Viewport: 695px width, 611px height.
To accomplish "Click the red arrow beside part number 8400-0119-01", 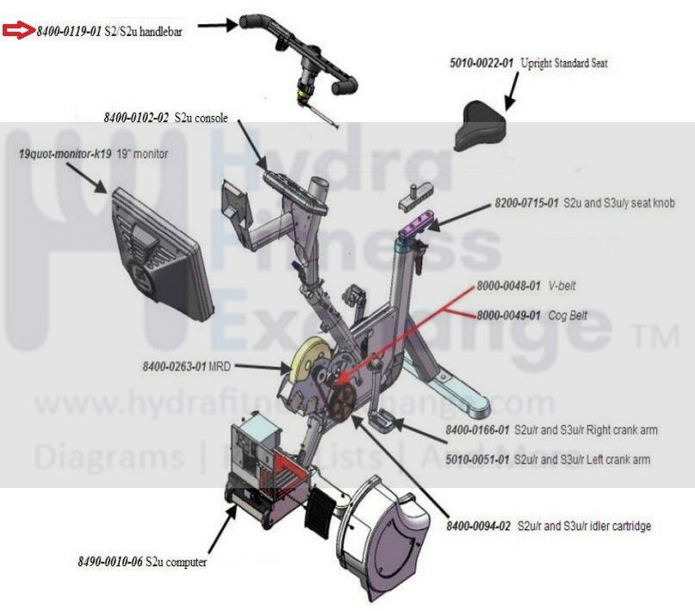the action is (17, 31).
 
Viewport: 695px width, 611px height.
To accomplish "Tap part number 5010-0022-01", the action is (481, 63).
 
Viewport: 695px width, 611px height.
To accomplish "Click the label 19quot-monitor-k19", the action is (65, 154).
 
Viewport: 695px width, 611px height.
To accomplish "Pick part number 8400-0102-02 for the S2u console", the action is (136, 116).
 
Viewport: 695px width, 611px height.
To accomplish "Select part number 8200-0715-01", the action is (527, 204).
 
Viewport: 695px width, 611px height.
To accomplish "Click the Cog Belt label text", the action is (568, 316).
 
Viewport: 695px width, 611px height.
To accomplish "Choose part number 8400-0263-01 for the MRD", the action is (175, 366).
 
